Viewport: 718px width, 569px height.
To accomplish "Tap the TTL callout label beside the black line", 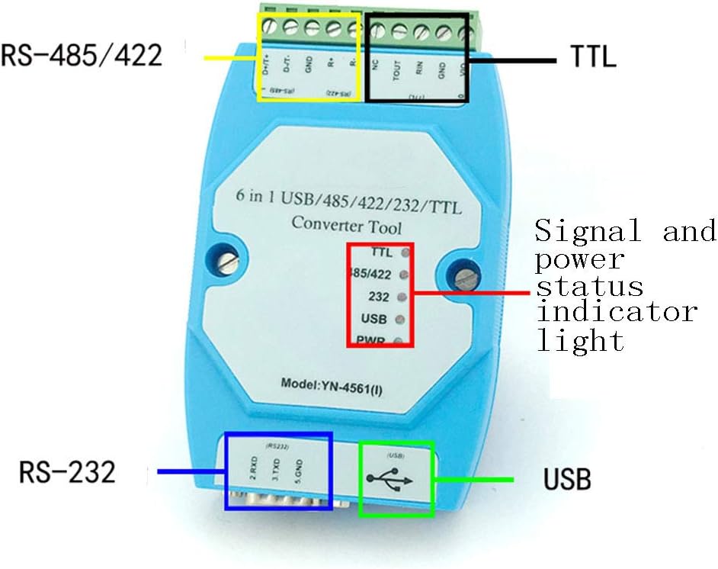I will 593,57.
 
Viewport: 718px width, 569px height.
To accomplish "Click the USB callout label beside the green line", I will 567,481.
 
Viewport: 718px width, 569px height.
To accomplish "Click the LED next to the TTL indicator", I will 405,251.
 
